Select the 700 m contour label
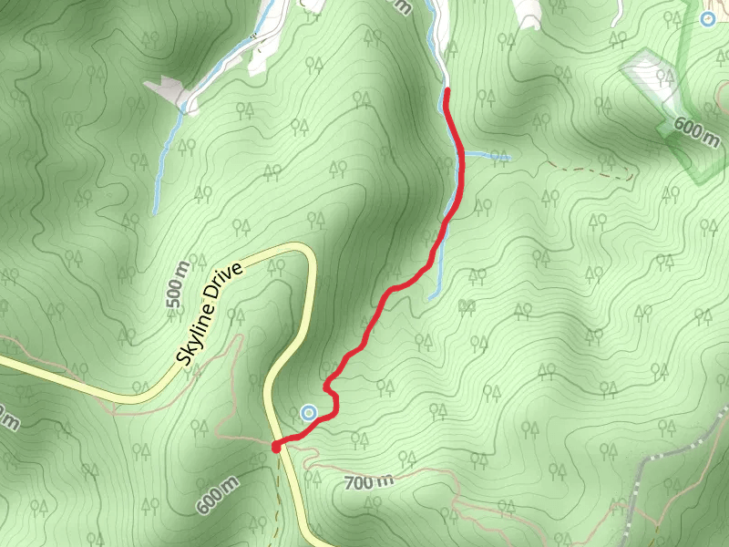(x=370, y=480)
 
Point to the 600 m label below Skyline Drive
(x=217, y=493)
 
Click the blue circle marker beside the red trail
(x=309, y=413)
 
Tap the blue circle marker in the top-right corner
(x=708, y=18)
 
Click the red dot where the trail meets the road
(x=276, y=445)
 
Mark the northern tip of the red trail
(x=447, y=90)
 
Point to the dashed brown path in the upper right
(x=592, y=170)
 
